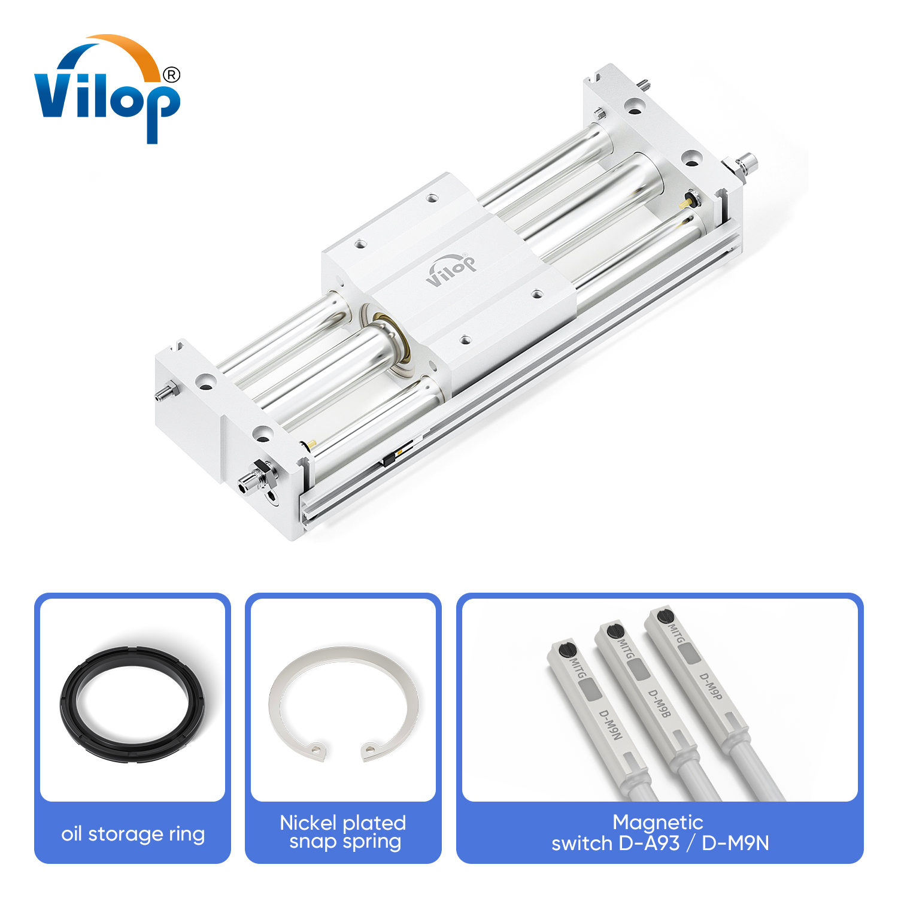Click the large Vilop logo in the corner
pos(107,90)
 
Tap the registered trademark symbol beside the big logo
pos(171,75)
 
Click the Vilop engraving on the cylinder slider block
pos(451,269)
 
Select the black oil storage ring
pos(132,704)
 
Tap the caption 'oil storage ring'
pos(133,833)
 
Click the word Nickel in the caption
pos(308,823)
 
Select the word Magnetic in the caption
pos(657,822)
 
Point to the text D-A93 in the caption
pos(650,843)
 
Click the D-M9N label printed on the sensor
pos(611,724)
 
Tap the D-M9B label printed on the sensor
pos(659,703)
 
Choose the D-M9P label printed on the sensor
pos(711,686)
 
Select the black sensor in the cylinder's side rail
pos(389,459)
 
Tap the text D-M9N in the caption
pos(735,843)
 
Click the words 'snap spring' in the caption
pos(345,841)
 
